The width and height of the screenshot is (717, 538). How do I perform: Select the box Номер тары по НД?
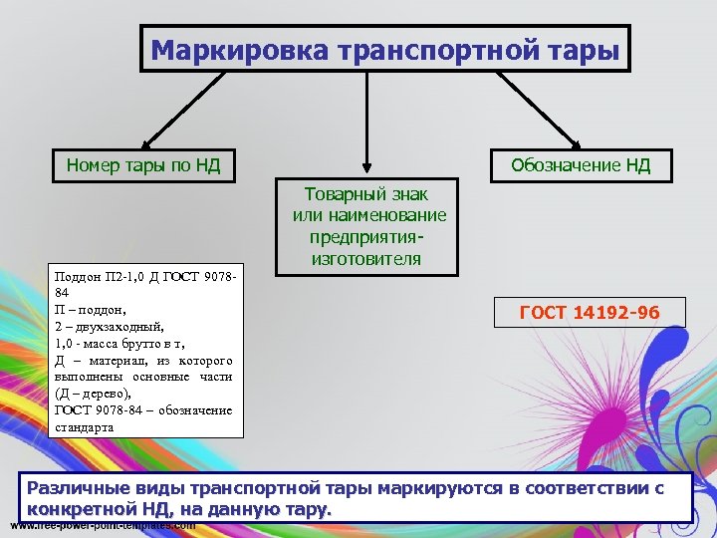143,164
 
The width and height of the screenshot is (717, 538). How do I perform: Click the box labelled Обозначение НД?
581,164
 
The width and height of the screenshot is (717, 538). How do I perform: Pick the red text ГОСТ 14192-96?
590,313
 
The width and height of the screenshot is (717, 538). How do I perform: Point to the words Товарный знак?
368,194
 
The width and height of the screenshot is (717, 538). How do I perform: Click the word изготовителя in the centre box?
368,259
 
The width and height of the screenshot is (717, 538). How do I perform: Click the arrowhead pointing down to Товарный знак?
368,169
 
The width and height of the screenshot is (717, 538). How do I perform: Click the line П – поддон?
91,310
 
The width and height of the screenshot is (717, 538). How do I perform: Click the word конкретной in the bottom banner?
79,509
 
